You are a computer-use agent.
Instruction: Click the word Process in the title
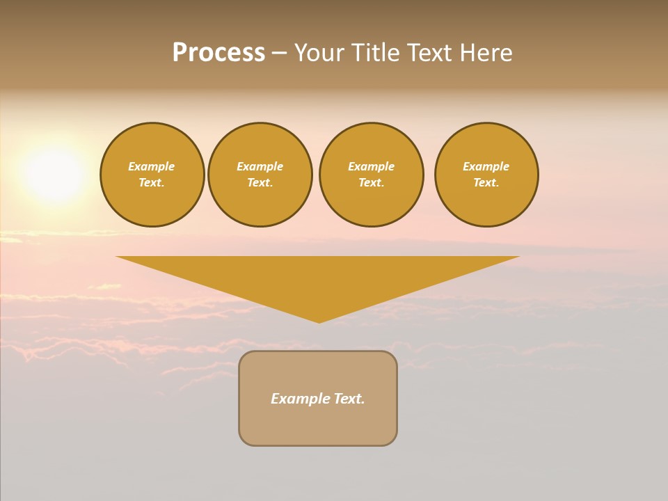click(218, 53)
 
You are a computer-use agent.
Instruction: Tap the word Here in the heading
click(486, 53)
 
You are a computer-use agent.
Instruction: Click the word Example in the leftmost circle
click(152, 166)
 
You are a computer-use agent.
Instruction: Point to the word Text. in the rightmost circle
click(486, 182)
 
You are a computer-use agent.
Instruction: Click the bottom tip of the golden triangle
click(319, 321)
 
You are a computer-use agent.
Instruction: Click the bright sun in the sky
click(54, 174)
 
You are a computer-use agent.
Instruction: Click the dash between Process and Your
click(279, 54)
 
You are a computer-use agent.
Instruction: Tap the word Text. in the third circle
click(372, 182)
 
